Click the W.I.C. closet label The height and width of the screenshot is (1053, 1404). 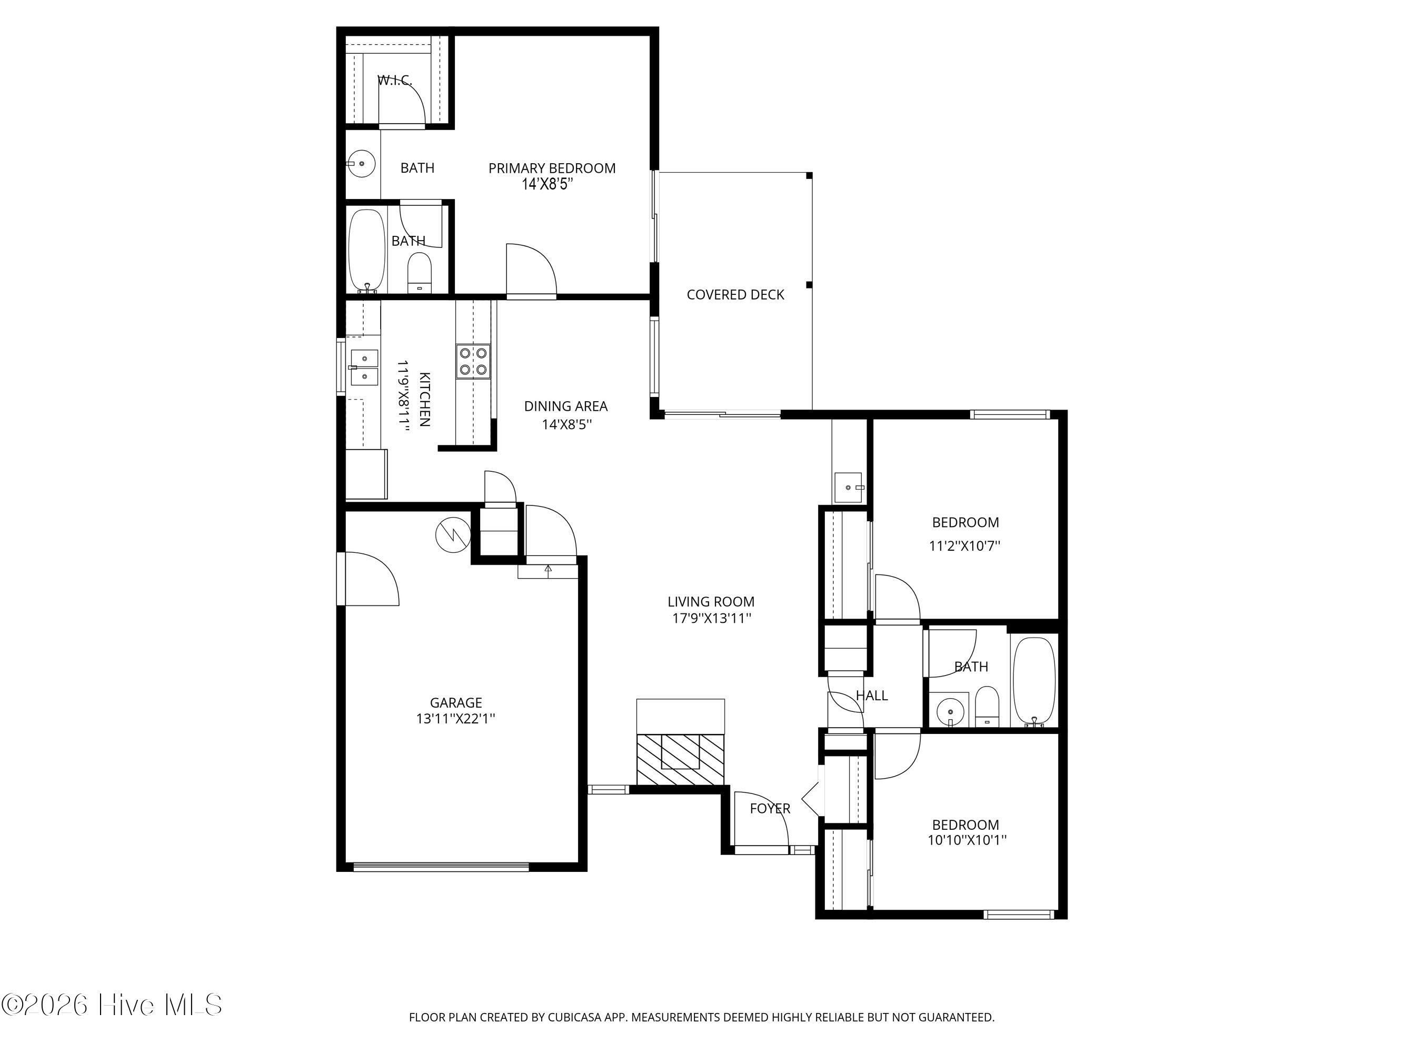(395, 81)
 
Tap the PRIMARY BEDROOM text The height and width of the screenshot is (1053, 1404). (552, 168)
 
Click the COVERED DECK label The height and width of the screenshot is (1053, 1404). (735, 294)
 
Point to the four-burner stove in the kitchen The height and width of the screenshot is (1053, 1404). (473, 361)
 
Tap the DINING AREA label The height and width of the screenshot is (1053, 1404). (565, 406)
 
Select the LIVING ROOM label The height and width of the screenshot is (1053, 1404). (711, 602)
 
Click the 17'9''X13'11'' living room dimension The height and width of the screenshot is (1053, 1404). (712, 618)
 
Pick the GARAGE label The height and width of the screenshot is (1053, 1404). (456, 703)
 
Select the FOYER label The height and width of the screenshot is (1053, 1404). (770, 809)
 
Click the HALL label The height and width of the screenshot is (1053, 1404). (871, 696)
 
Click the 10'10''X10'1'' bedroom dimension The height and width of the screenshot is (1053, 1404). (967, 840)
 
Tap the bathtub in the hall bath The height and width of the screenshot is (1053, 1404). (1034, 682)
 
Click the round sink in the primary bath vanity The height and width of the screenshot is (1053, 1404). (362, 164)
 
